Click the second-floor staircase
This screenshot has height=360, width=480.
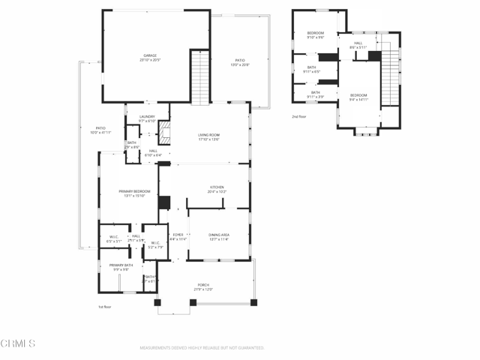tap(388, 82)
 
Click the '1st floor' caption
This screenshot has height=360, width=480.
tap(104, 307)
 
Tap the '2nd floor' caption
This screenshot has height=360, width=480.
tap(299, 117)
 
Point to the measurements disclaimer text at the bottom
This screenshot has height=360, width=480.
tap(202, 347)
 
